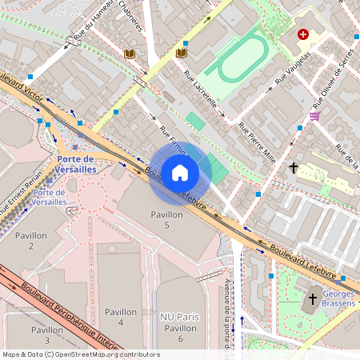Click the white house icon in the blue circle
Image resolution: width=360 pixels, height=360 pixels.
180,173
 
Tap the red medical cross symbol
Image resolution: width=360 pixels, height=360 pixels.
303,34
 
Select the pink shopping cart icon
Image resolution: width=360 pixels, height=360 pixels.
314,115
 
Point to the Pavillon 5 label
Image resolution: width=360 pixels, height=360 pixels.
166,220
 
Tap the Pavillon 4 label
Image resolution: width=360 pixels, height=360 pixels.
120,317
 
